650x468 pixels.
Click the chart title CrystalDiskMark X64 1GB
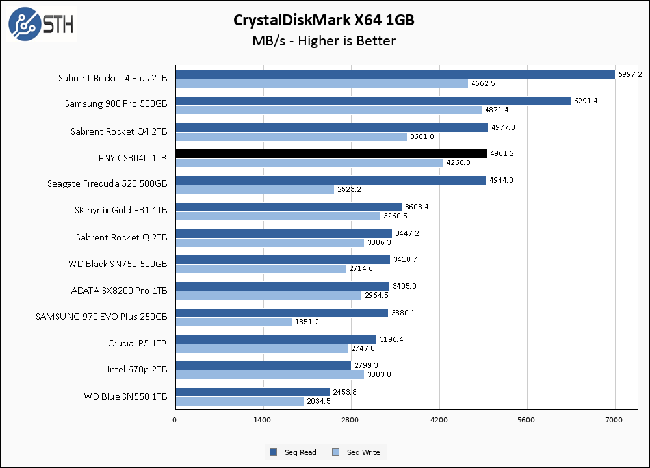pos(324,20)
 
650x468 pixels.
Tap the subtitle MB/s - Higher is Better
pos(324,41)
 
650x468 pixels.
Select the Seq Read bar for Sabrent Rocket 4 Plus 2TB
pos(395,74)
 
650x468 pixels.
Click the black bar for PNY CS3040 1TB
pos(331,153)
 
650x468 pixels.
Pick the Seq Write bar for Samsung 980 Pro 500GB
pos(328,110)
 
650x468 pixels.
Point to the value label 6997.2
pos(630,75)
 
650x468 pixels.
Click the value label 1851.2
pos(307,322)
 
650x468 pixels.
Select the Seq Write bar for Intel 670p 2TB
pos(269,374)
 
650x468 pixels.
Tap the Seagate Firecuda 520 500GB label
pos(107,184)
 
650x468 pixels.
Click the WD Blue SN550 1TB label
pos(125,396)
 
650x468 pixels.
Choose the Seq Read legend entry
pos(293,452)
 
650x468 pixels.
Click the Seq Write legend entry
pos(356,452)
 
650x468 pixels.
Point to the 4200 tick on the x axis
pos(439,421)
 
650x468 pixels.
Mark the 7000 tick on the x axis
pos(615,421)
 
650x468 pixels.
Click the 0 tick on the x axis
pos(175,421)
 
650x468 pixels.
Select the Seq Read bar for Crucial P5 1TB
pos(276,339)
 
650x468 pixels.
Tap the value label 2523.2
pos(350,189)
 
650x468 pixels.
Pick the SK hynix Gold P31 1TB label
pos(121,211)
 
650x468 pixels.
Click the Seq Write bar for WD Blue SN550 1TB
pos(239,401)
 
